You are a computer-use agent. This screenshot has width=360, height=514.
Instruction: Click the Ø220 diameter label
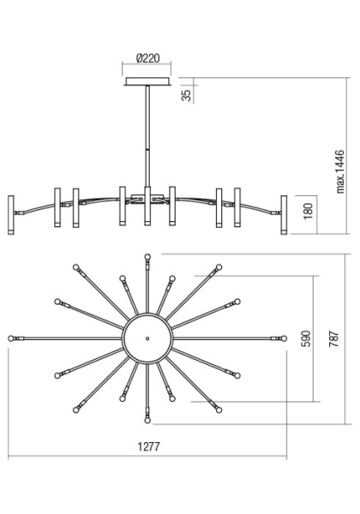click(148, 58)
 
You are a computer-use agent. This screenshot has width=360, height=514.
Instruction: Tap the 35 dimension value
click(186, 95)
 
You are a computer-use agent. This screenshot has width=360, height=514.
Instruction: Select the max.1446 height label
click(340, 171)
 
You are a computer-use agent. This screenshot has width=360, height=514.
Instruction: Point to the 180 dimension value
click(308, 211)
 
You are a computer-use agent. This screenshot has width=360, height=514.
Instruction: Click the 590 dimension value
click(306, 338)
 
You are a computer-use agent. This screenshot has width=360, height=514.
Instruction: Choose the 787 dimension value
click(333, 339)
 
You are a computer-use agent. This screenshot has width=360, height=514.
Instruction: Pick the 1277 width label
click(148, 446)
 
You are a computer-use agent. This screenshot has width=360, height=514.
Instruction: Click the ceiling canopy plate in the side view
click(147, 81)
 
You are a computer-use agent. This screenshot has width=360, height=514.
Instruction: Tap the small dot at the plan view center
click(147, 338)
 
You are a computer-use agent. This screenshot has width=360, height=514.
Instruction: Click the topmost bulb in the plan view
click(147, 257)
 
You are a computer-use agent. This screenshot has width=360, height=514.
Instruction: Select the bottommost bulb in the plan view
click(147, 421)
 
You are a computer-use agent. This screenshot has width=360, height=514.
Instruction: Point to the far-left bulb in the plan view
click(11, 338)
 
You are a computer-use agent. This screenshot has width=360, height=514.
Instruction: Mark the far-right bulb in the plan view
click(284, 338)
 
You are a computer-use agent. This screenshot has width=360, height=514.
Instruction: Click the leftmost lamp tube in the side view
click(11, 215)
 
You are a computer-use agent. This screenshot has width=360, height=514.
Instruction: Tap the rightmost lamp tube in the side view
click(284, 215)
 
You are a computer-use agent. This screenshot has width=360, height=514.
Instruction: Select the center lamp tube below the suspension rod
click(147, 206)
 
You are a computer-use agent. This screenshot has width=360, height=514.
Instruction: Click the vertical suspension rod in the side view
click(147, 136)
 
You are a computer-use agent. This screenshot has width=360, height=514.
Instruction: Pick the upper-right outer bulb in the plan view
click(219, 267)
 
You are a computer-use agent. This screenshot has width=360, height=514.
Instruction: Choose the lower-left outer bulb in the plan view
click(76, 409)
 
